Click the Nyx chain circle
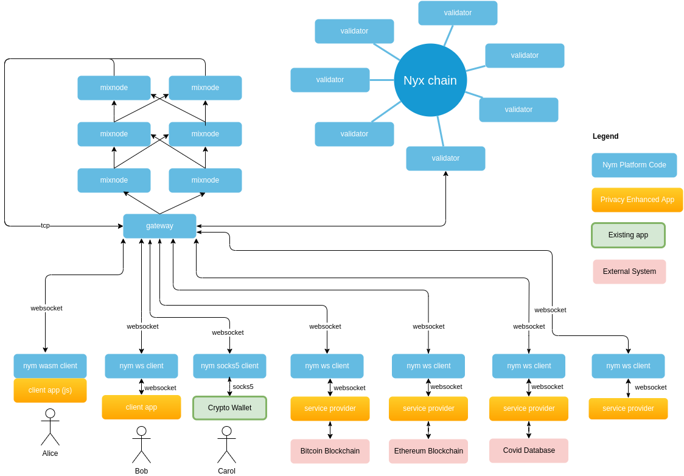coord(430,80)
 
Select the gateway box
coord(159,226)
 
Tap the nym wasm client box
coord(50,366)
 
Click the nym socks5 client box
coord(229,366)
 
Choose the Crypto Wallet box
coord(229,408)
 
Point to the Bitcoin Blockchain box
coord(330,451)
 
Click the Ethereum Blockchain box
coord(428,451)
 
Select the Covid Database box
coord(529,450)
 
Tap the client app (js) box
coord(50,390)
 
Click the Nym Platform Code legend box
coord(634,165)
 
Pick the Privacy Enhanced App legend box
coord(637,200)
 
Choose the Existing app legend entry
coord(628,235)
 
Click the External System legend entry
coord(629,271)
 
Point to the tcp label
coord(45,225)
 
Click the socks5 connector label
coord(243,387)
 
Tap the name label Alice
coord(51,453)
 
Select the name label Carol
coord(226,471)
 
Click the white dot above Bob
coord(141,431)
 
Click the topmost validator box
coord(458,13)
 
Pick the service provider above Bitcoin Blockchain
coord(330,408)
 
